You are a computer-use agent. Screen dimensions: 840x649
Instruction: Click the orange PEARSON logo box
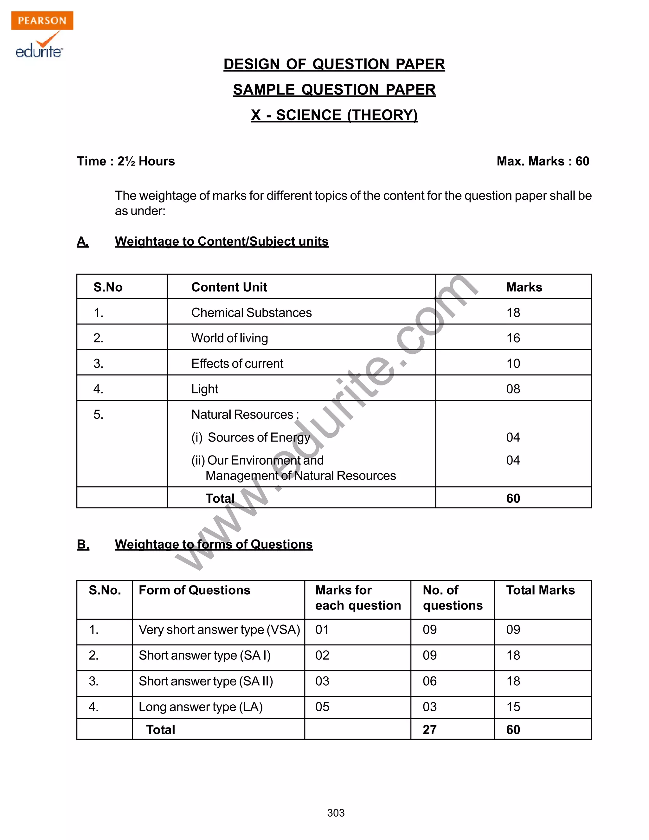(x=42, y=20)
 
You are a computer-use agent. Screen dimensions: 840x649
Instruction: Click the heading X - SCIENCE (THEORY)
(x=334, y=115)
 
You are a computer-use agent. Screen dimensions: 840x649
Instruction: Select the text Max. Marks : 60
(x=543, y=161)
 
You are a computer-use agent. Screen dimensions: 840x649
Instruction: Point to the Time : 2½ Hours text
(x=126, y=161)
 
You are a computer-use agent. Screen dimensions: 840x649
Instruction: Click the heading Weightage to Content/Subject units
(x=222, y=241)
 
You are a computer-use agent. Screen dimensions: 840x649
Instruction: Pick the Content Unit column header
(x=229, y=287)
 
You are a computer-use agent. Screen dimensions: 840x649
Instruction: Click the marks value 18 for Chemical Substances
(x=513, y=312)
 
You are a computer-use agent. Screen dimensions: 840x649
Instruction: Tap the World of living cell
(x=229, y=338)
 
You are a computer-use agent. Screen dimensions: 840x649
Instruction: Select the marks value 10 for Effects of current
(x=513, y=364)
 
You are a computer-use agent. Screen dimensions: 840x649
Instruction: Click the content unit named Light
(x=204, y=389)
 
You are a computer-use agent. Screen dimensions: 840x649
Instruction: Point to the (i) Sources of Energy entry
(x=251, y=437)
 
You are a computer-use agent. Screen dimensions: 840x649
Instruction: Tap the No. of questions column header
(x=452, y=598)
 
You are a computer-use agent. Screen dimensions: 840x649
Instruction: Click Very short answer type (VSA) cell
(x=219, y=630)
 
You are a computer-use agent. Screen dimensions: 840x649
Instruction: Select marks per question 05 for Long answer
(x=322, y=707)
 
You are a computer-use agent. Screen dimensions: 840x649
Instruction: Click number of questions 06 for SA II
(x=429, y=681)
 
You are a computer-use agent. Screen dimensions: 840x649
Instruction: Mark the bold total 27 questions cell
(x=429, y=730)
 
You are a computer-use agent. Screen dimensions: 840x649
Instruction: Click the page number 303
(x=336, y=813)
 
